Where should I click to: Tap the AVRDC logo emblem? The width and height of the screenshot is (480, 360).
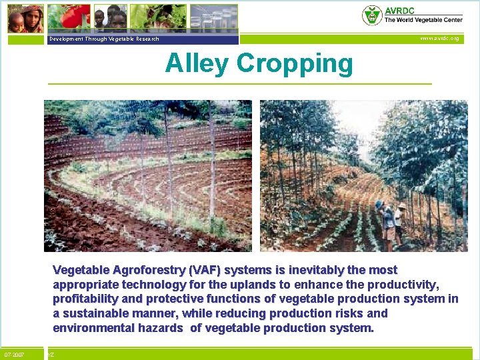(371, 15)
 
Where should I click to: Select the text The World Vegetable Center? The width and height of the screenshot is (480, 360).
(423, 21)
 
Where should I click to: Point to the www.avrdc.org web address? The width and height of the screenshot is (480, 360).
(439, 39)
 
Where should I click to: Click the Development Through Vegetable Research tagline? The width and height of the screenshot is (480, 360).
(103, 39)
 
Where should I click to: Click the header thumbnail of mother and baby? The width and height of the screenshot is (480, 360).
(25, 18)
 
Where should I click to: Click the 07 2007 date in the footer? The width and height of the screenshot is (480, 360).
(14, 355)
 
